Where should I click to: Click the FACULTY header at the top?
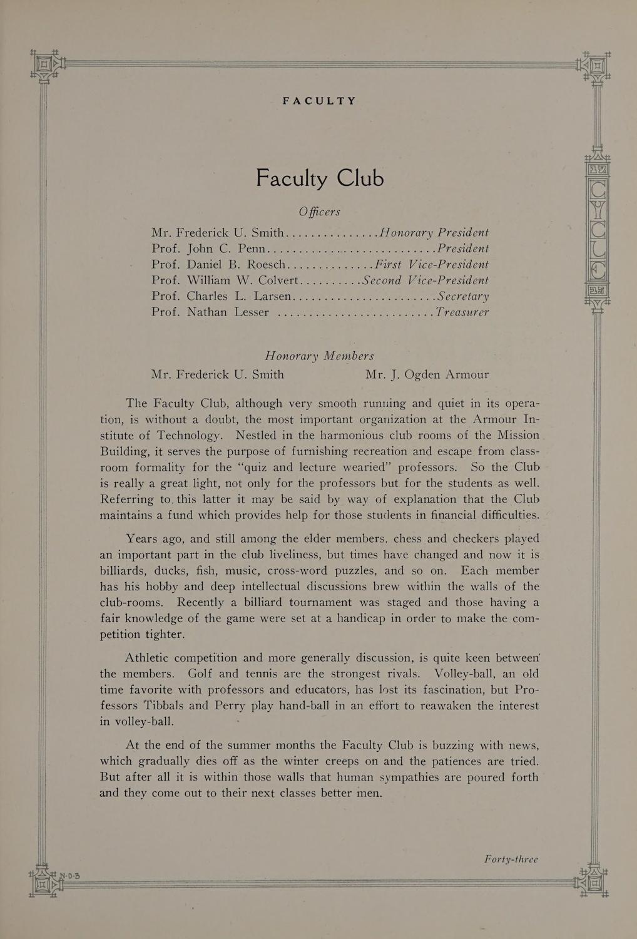(319, 101)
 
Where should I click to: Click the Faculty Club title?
(319, 179)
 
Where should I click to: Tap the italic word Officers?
(319, 212)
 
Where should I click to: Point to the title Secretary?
(463, 296)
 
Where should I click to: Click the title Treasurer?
(462, 312)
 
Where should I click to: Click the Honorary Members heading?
(319, 356)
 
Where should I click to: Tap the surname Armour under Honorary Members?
(467, 375)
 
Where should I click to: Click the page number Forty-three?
(511, 859)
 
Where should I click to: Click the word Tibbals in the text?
(163, 706)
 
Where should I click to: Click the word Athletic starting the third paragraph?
(147, 658)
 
